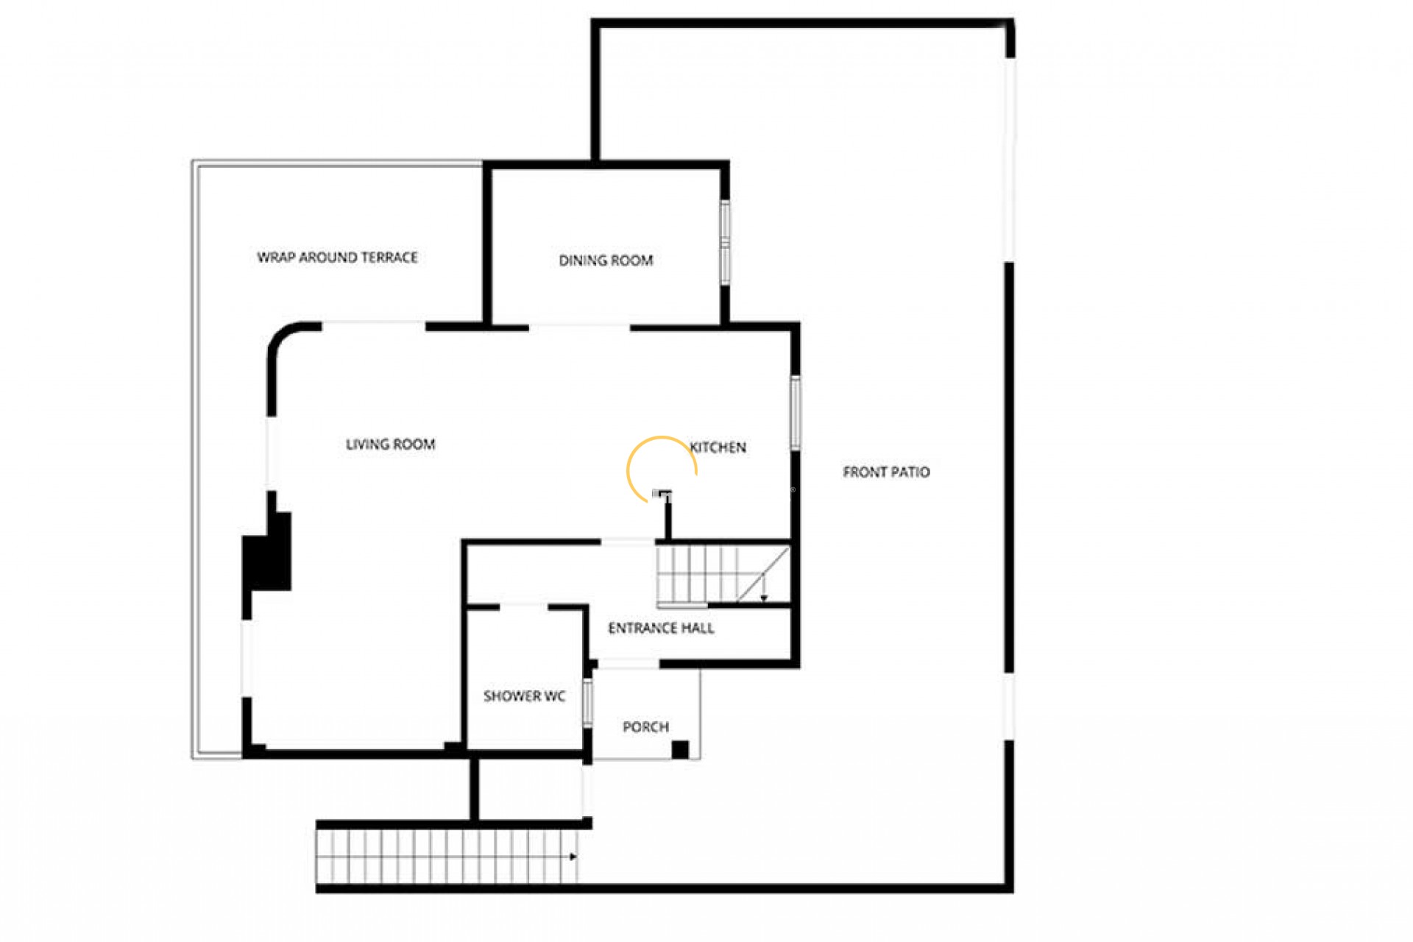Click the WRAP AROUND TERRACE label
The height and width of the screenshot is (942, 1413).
[x=337, y=258]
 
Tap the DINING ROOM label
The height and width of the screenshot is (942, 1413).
[x=606, y=261]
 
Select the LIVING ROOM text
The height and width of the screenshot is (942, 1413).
[x=390, y=445]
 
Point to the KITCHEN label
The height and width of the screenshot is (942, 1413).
[x=718, y=447]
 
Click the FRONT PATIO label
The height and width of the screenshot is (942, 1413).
[x=886, y=472]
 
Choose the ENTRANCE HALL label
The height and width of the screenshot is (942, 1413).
[x=661, y=628]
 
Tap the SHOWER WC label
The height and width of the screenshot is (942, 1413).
[x=524, y=696]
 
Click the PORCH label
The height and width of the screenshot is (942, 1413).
[x=645, y=727]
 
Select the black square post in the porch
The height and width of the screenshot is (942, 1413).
[x=680, y=750]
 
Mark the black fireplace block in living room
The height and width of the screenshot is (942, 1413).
[x=266, y=552]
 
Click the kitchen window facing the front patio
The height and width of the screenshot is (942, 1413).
[x=795, y=412]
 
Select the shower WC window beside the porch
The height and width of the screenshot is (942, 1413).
[x=587, y=702]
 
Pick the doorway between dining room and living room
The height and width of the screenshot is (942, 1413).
[x=579, y=327]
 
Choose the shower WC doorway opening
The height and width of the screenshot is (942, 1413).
[x=524, y=606]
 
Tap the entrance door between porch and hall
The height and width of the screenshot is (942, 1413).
[x=627, y=665]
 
